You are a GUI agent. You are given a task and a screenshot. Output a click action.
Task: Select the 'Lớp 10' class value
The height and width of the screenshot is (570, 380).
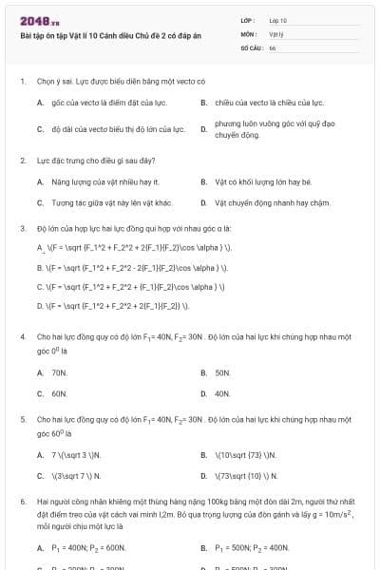point(278,19)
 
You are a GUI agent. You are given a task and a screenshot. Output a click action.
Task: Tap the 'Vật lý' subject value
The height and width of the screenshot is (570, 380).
point(276,33)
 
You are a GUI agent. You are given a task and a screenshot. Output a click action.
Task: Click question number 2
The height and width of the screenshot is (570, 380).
point(22,161)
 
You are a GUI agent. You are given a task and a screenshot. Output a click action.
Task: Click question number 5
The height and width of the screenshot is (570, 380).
point(22,419)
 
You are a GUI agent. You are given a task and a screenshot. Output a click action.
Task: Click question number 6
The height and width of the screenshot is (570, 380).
point(22,500)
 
